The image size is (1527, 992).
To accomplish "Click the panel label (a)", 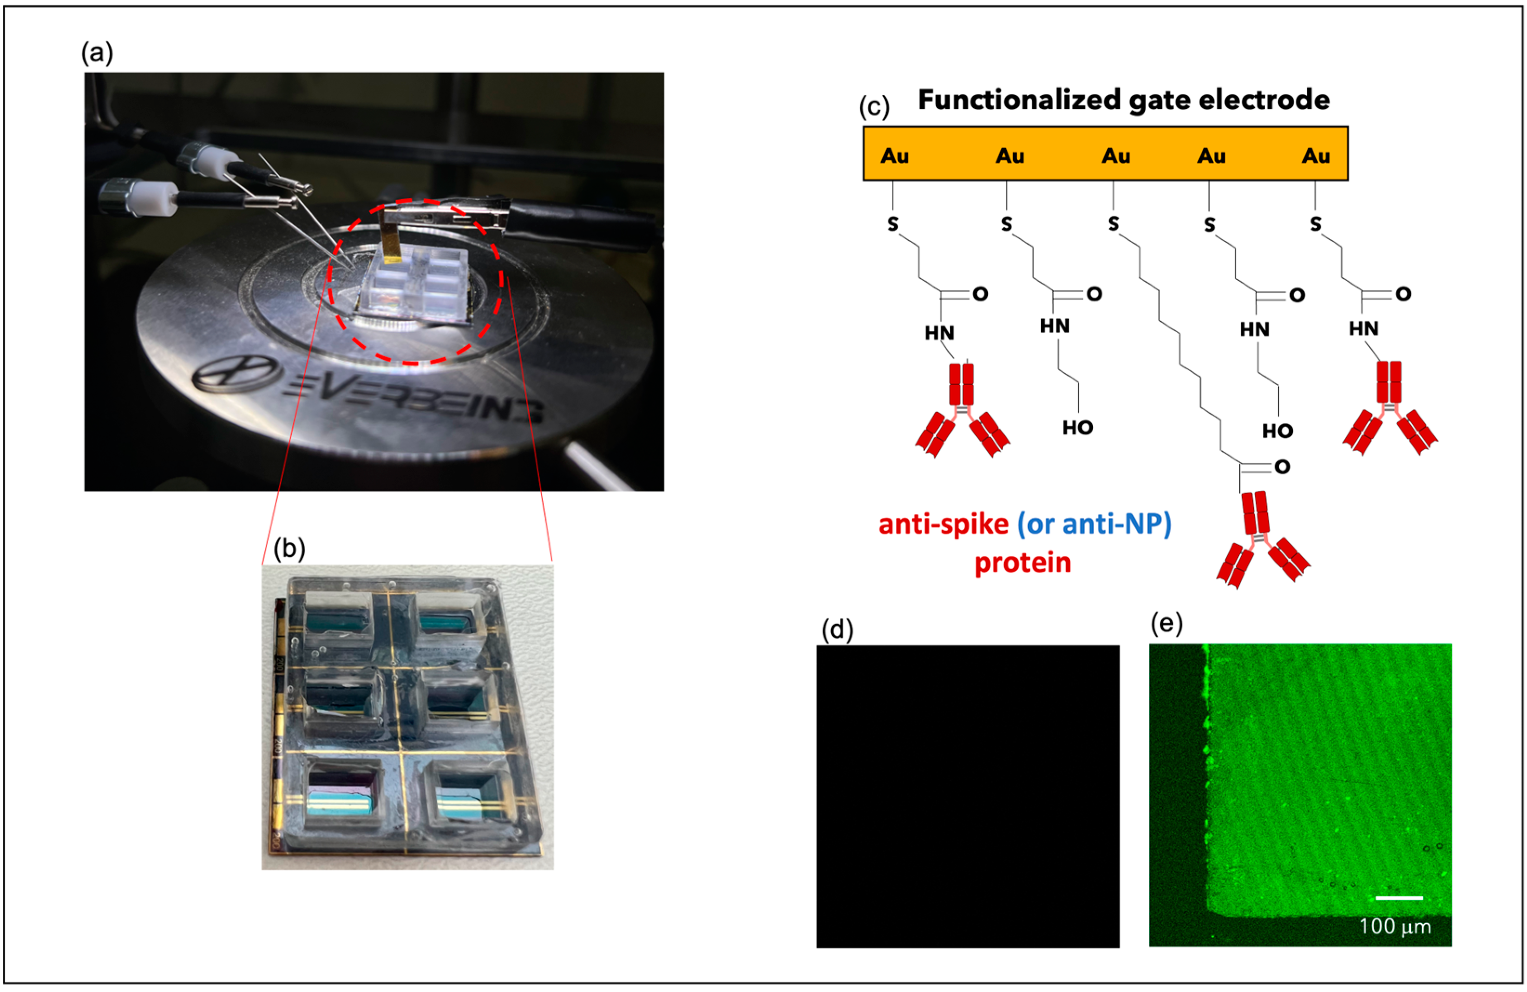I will click(x=97, y=53).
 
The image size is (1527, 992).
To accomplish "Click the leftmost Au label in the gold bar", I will click(x=894, y=156).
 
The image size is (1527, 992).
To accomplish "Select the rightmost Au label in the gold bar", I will click(x=1315, y=156).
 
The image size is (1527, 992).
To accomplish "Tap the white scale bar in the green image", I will click(x=1399, y=898).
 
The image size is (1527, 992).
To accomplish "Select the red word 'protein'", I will click(x=1022, y=563).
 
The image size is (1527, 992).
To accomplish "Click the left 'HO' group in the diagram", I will click(x=1077, y=427).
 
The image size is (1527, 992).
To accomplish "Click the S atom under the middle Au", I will click(x=1113, y=224).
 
